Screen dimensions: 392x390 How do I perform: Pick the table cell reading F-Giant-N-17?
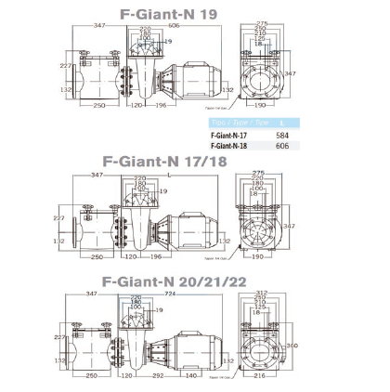pyautogui.click(x=232, y=135)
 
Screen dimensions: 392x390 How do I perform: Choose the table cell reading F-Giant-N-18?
pyautogui.click(x=232, y=145)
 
